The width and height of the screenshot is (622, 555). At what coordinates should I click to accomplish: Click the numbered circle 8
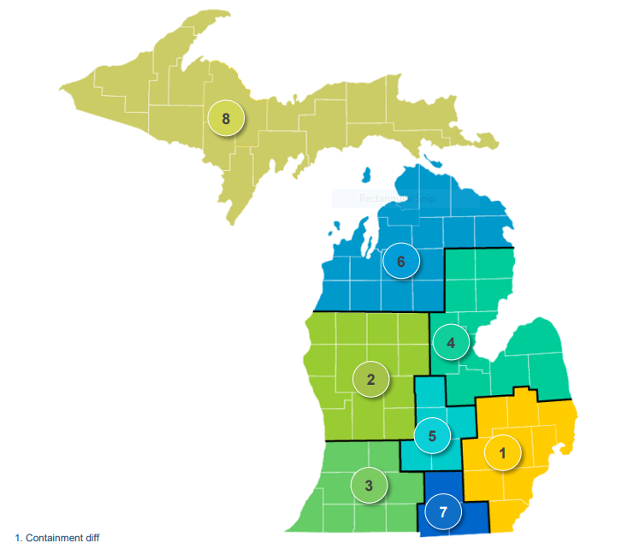(226, 119)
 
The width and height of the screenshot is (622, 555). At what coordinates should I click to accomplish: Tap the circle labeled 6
(400, 261)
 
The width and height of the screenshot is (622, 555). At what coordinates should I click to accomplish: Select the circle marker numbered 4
(451, 344)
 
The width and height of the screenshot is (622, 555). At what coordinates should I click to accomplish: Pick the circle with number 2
(370, 380)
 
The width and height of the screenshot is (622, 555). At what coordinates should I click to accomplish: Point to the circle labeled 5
(432, 435)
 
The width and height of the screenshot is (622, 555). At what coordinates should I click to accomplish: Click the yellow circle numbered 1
(503, 453)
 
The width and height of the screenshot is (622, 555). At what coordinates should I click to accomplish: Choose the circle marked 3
(369, 486)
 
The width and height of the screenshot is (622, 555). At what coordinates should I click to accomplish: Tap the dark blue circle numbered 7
(443, 513)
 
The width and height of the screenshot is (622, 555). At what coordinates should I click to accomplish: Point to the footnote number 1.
(18, 538)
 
